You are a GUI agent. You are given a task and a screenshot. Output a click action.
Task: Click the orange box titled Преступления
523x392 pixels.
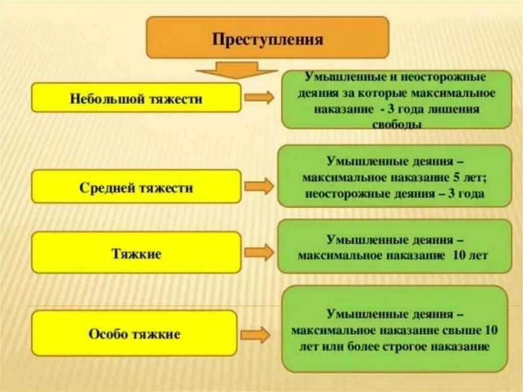(268, 37)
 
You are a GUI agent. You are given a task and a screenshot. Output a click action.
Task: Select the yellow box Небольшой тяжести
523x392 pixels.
(136, 98)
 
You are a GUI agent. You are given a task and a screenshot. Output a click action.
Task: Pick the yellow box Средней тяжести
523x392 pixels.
(136, 187)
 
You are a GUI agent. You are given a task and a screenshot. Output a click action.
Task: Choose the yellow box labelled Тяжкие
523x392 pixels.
(136, 252)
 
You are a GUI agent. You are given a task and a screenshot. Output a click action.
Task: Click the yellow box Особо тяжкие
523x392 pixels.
(134, 334)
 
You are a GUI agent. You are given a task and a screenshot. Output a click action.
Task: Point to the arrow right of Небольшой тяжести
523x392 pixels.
(260, 98)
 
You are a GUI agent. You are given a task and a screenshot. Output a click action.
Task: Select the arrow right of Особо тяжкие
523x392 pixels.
(255, 335)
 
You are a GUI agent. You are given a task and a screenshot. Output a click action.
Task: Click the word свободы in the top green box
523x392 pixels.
(396, 125)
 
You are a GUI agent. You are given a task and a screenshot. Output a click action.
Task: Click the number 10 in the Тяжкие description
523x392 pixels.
(459, 255)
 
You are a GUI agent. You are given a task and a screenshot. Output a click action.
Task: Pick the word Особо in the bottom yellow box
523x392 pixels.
(106, 334)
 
